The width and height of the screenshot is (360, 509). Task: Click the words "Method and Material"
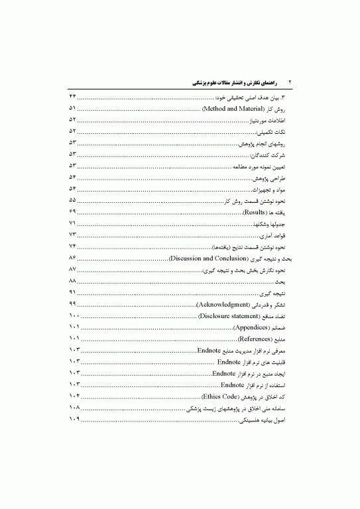pos(233,107)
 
